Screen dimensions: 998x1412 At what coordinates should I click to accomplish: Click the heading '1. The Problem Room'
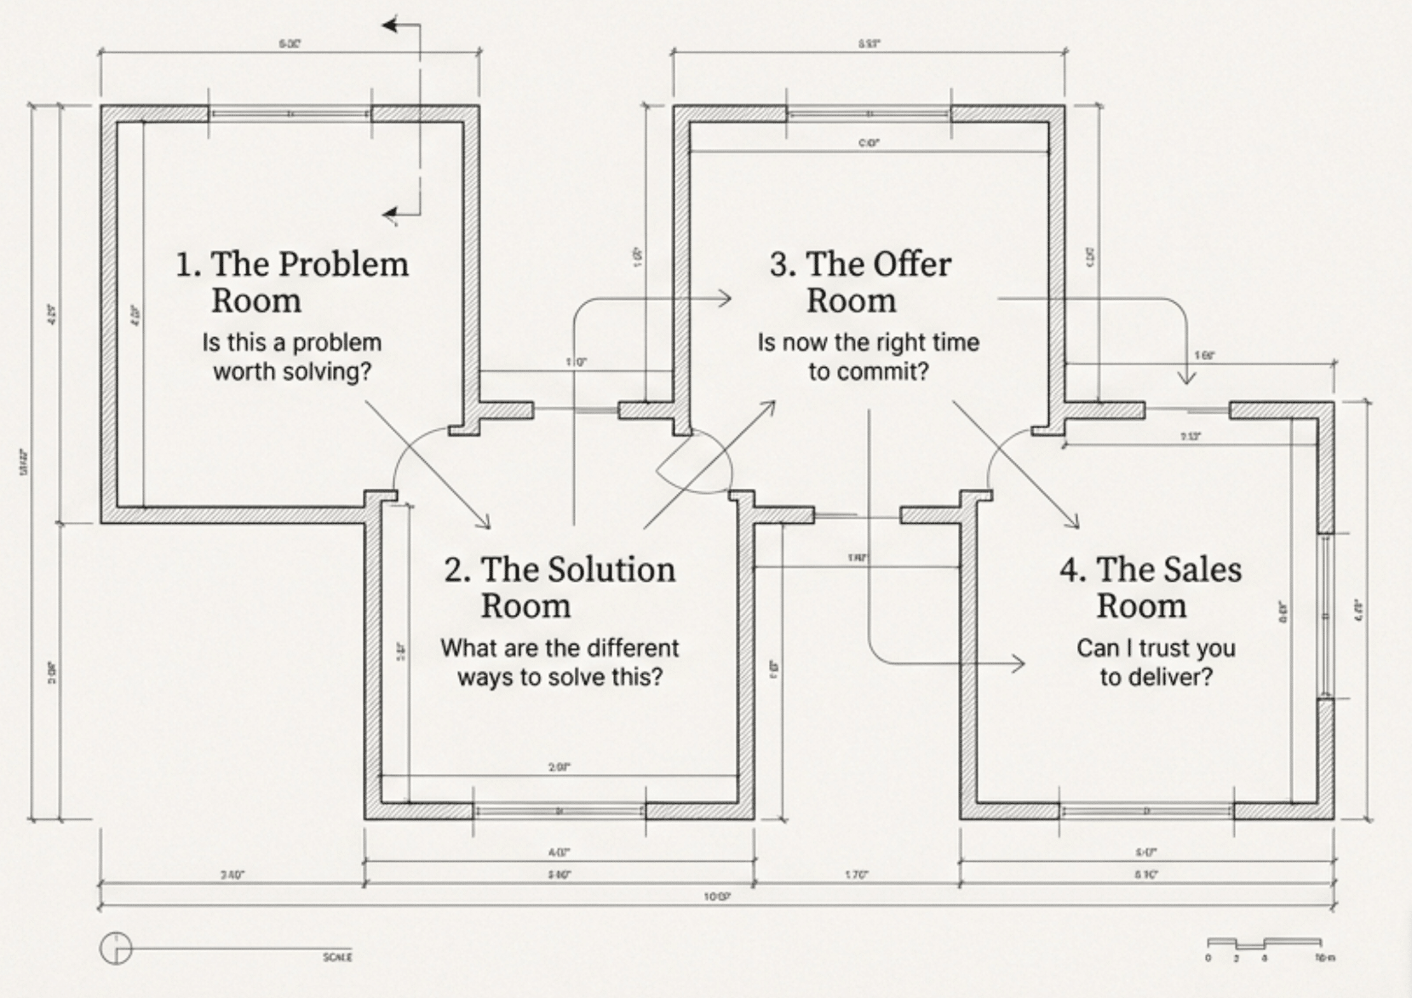(291, 282)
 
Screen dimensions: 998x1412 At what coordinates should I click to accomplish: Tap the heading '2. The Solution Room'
(559, 587)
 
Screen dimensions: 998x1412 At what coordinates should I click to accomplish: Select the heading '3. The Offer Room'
(859, 282)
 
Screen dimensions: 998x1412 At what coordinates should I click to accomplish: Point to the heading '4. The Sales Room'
(1150, 587)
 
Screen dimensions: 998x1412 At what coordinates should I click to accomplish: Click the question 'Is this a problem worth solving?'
(291, 357)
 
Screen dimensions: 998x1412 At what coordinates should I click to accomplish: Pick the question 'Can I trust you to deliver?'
(1155, 662)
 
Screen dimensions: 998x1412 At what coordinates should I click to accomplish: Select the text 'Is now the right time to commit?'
(868, 357)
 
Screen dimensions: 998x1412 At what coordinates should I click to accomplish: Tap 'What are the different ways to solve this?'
(559, 662)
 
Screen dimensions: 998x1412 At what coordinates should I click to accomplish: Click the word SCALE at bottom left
(337, 957)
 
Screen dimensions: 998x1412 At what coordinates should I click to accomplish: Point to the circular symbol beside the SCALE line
(116, 948)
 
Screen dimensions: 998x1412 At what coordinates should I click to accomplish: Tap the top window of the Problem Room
(290, 113)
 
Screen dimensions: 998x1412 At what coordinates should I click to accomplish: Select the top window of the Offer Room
(868, 113)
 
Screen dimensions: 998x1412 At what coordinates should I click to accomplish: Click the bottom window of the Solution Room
(559, 811)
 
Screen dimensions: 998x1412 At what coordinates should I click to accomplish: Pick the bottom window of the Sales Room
(1146, 811)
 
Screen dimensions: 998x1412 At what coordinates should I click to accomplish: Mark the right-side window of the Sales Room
(1325, 616)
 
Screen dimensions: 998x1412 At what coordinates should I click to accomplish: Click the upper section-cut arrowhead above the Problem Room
(390, 26)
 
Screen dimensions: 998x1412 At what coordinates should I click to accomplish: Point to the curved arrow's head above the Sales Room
(1185, 377)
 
